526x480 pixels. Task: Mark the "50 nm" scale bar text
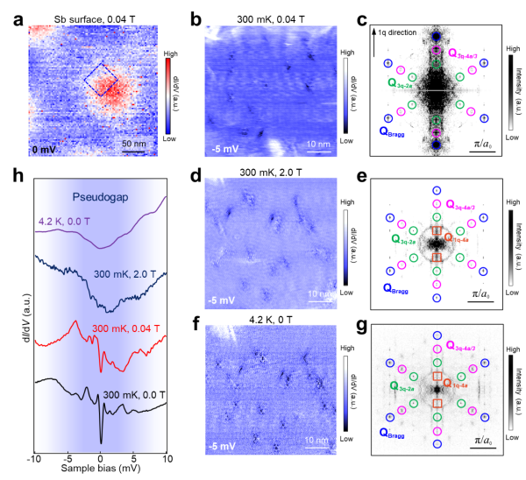tap(133, 143)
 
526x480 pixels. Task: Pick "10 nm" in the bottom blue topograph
tap(315, 439)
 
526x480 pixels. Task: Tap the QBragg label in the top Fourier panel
tap(396, 131)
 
